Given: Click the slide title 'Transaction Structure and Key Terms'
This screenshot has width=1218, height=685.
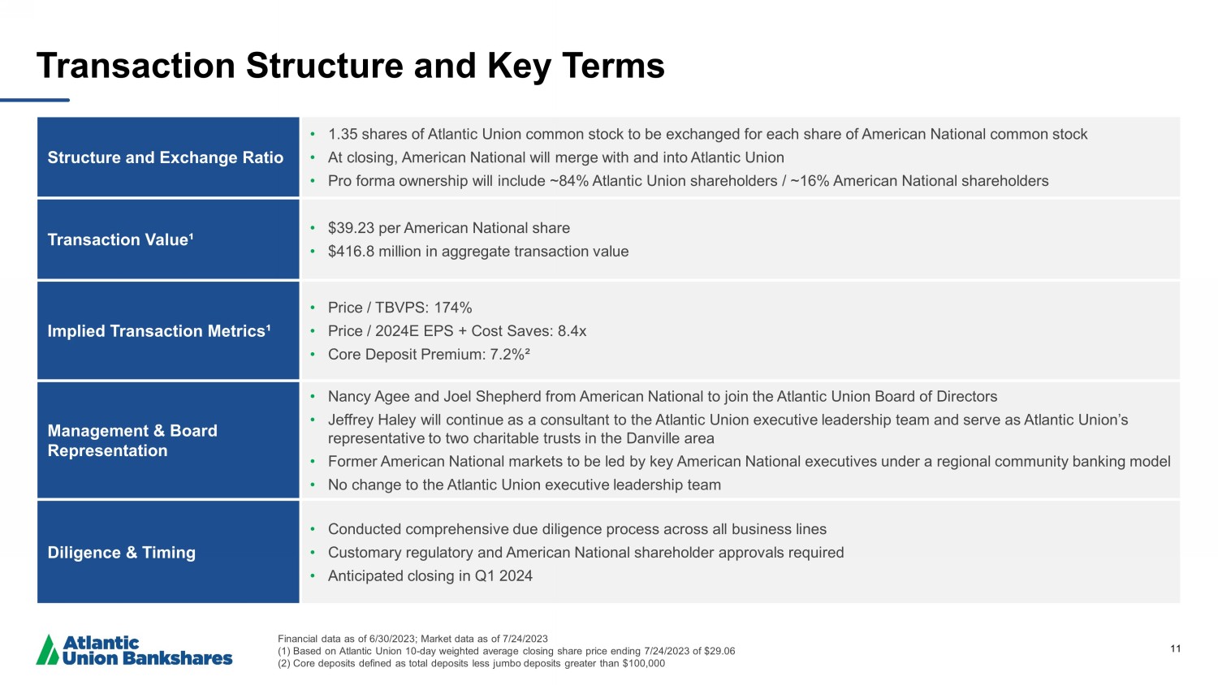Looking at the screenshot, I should (x=350, y=66).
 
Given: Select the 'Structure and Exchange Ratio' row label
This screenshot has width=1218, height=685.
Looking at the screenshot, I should (x=165, y=157).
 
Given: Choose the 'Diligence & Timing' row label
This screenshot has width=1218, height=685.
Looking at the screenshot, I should (x=122, y=553).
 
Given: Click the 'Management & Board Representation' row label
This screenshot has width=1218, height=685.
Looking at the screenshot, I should (x=132, y=441).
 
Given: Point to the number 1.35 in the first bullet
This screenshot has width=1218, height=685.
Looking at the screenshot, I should (x=343, y=134).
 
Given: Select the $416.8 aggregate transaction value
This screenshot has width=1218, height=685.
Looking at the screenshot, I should (x=351, y=252).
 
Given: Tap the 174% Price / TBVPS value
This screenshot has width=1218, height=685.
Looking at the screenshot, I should (x=452, y=308).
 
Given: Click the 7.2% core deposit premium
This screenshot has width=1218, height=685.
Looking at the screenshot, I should (x=509, y=355).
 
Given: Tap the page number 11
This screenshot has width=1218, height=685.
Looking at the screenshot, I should (x=1175, y=648).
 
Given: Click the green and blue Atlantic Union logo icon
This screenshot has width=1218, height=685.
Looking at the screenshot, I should (x=48, y=650).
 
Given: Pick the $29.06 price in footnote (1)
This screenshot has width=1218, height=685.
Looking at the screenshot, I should (x=719, y=651).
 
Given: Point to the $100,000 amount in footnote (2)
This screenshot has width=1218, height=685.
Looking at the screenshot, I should (x=643, y=663).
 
